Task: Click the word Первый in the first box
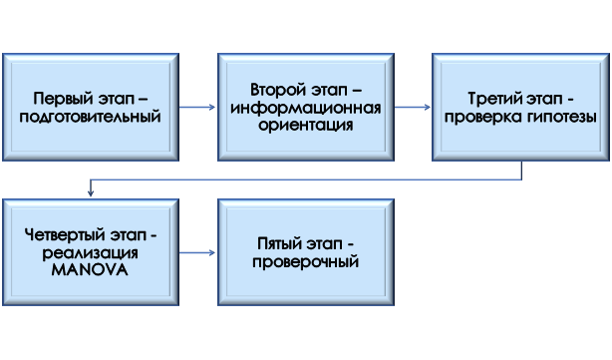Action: tap(58, 99)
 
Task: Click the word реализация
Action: tap(91, 252)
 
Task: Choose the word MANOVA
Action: tap(91, 269)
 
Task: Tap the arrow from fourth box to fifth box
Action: tap(198, 252)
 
